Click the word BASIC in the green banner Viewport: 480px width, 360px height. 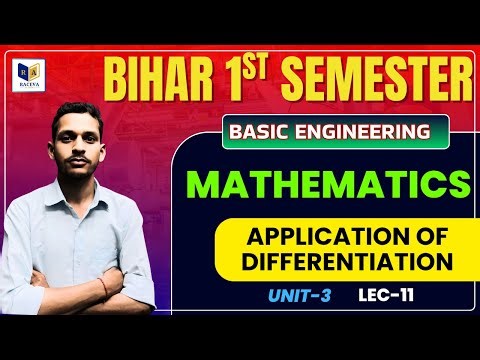[x=262, y=131]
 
